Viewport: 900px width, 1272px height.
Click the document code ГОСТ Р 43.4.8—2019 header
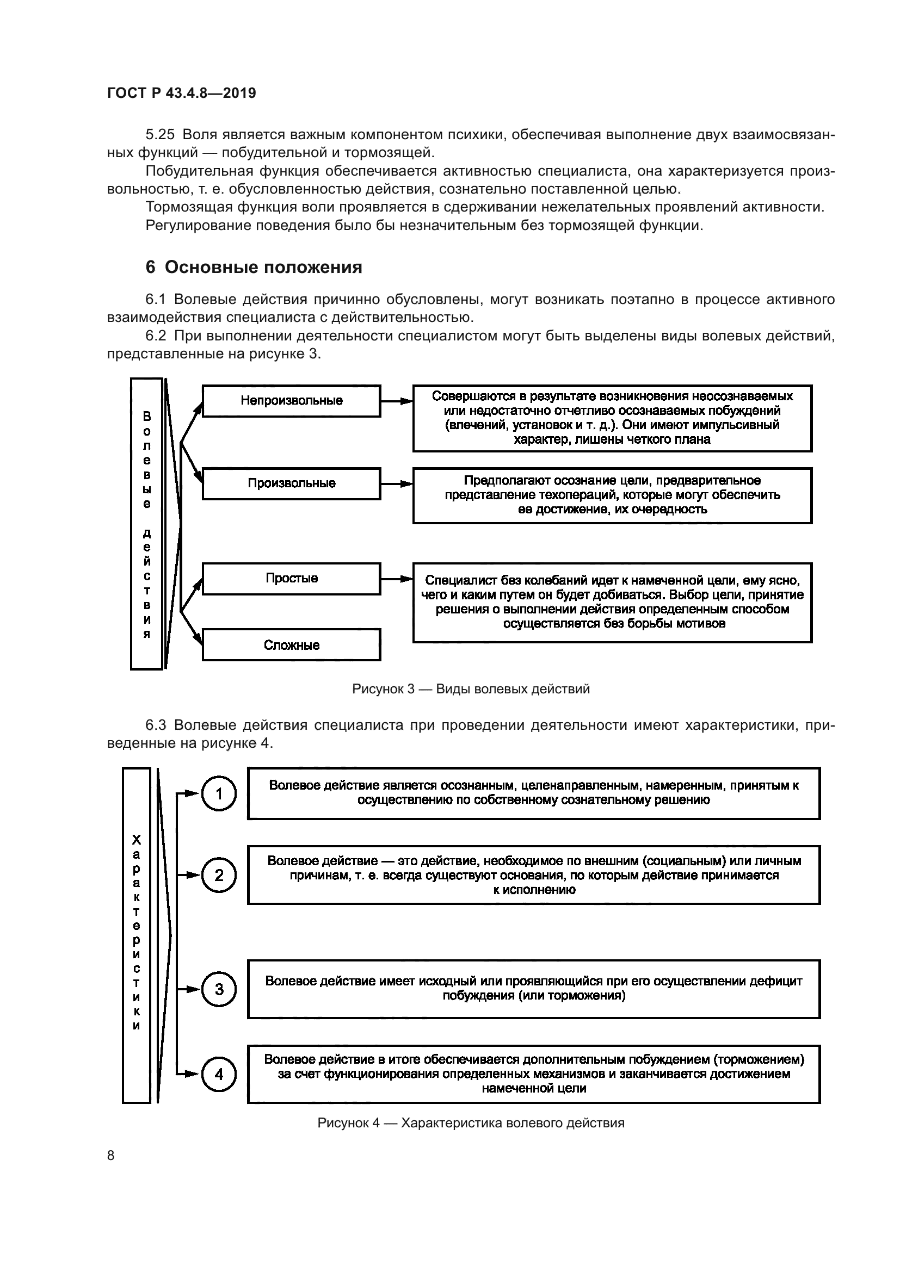point(181,93)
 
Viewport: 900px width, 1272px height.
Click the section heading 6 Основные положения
point(253,267)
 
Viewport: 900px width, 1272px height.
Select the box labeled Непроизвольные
point(291,401)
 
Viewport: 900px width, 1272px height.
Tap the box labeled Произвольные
point(291,483)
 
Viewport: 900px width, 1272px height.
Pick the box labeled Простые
point(291,579)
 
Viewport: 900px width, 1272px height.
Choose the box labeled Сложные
point(291,645)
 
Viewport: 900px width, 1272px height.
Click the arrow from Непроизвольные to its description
point(396,401)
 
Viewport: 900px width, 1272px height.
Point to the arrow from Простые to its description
point(396,579)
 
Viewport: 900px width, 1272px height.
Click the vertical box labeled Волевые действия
point(147,524)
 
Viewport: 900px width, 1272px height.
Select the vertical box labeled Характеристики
point(137,935)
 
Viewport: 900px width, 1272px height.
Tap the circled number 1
point(219,794)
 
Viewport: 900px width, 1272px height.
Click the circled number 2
point(219,875)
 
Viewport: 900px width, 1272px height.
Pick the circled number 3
point(219,989)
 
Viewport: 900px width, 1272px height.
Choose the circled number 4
point(219,1074)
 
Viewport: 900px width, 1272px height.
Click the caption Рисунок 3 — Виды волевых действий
point(471,689)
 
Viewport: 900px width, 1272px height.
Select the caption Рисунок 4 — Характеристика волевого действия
point(471,1123)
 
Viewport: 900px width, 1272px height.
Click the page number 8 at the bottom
point(111,1156)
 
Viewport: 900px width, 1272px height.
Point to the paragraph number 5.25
point(159,135)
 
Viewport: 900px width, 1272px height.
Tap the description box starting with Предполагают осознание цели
point(612,495)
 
